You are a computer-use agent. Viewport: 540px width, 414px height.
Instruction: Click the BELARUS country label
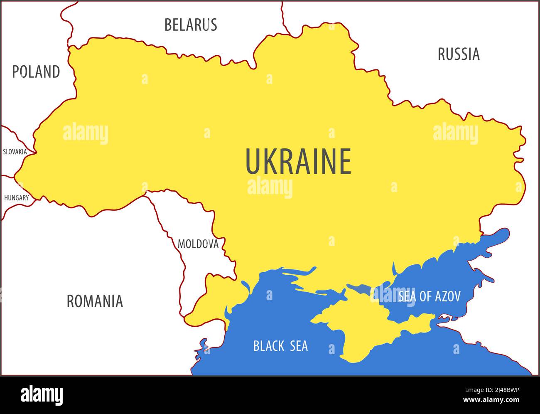click(191, 25)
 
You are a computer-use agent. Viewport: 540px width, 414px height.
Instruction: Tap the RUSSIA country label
click(459, 54)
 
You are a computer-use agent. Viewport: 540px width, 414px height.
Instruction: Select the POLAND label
click(36, 72)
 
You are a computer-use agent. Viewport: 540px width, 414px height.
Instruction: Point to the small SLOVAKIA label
click(15, 152)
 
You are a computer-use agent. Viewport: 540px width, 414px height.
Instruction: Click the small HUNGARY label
click(17, 198)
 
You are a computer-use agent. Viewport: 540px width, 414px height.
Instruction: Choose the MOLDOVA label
click(198, 244)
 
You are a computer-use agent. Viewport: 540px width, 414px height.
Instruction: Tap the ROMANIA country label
click(95, 301)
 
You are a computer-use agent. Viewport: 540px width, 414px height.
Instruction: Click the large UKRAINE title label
click(298, 162)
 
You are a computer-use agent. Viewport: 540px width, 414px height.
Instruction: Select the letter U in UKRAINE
click(253, 162)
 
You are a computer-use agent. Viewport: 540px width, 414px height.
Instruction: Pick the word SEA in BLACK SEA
click(299, 346)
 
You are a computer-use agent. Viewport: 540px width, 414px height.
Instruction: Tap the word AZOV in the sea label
click(448, 296)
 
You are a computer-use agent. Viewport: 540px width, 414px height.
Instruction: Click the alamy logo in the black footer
click(42, 395)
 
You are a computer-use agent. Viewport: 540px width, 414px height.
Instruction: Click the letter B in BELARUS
click(168, 25)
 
